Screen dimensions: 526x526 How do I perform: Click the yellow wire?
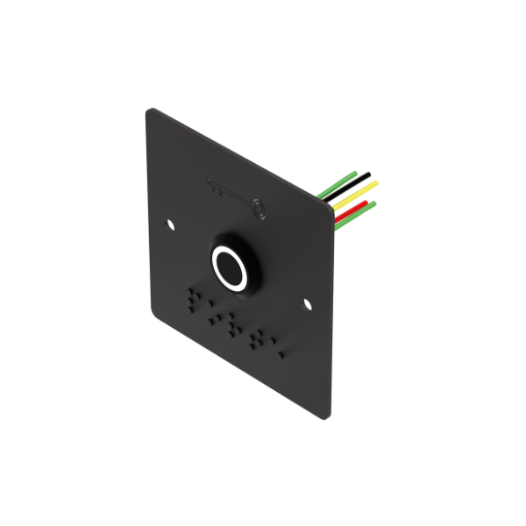[x=355, y=195]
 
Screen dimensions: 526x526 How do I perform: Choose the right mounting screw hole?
[x=308, y=304]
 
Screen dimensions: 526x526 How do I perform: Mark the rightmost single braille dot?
[x=281, y=354]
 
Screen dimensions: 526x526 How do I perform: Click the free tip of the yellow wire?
[x=377, y=183]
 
